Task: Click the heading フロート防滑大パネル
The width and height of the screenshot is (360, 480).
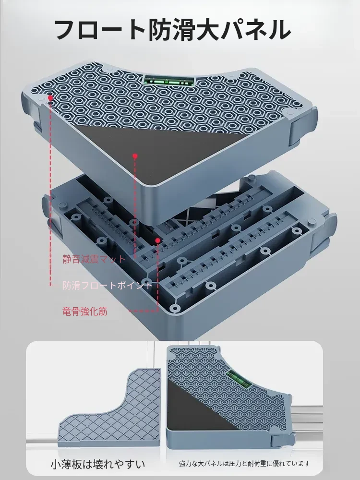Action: [172, 30]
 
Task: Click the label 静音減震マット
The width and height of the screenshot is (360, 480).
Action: [94, 259]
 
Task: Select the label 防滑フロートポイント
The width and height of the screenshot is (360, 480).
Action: [108, 285]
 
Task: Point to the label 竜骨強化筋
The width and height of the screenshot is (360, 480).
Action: [85, 312]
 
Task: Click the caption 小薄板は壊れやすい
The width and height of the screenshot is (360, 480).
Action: [97, 464]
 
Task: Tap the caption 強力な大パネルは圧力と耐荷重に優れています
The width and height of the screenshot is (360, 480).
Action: [244, 464]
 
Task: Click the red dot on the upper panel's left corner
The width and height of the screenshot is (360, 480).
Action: [50, 97]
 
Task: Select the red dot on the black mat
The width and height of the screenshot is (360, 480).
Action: [135, 156]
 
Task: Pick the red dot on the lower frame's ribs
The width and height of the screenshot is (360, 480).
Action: [157, 240]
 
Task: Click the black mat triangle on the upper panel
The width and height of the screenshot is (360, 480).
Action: [162, 153]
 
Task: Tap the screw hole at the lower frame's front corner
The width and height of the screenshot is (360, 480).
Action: [175, 308]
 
